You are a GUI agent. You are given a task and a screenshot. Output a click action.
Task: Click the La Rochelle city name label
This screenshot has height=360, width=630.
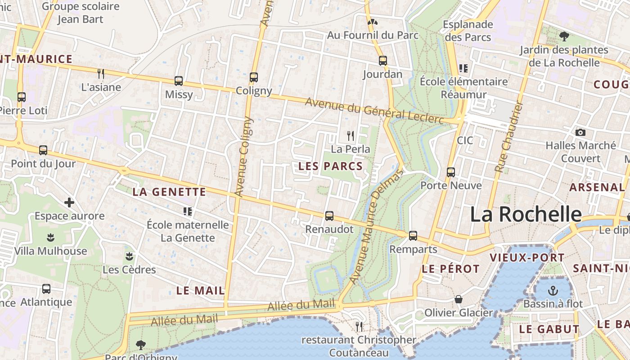click(526, 214)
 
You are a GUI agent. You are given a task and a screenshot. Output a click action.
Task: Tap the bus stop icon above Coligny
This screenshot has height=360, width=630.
click(254, 77)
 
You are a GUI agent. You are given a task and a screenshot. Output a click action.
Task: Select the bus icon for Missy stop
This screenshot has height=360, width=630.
click(179, 81)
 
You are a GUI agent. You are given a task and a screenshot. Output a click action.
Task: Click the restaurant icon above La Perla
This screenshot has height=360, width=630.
click(351, 135)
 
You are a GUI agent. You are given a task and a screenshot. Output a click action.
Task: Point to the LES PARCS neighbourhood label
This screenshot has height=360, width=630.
click(331, 166)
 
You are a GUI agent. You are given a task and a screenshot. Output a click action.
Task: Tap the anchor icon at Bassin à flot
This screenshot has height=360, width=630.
click(553, 290)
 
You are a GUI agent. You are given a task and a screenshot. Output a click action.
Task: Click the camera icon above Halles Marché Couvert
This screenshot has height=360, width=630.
click(580, 132)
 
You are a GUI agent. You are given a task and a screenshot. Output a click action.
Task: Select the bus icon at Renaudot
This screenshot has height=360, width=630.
click(329, 216)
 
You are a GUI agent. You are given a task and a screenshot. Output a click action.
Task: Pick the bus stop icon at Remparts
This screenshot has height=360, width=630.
click(413, 236)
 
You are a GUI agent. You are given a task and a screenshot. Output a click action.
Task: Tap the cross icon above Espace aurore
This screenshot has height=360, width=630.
click(69, 202)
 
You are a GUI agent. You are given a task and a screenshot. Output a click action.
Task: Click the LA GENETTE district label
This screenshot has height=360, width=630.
click(169, 192)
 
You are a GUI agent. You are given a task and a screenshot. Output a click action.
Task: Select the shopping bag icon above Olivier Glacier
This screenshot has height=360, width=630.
click(459, 299)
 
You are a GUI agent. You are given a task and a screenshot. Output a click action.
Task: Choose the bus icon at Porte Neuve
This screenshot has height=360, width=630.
click(451, 172)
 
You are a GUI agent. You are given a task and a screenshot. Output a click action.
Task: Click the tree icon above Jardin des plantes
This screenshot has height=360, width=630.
click(564, 36)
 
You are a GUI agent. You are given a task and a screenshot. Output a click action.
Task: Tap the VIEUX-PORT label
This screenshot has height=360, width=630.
click(526, 258)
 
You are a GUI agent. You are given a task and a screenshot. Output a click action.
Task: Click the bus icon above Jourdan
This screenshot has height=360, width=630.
click(383, 60)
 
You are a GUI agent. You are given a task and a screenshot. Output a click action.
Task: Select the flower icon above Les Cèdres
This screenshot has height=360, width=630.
click(130, 256)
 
